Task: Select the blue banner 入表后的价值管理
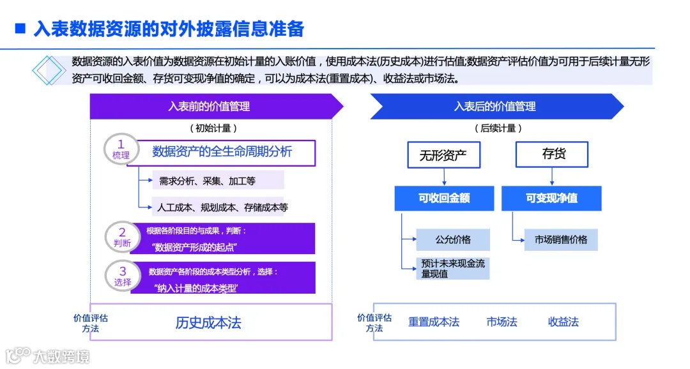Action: click(494, 107)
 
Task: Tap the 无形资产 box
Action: click(443, 155)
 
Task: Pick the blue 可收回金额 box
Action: click(444, 198)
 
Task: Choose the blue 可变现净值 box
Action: click(551, 198)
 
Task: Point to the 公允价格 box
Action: click(452, 239)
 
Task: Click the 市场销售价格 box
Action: click(561, 239)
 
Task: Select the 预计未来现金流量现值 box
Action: click(452, 268)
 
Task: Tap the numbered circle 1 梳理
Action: click(121, 149)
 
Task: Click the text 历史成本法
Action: click(208, 322)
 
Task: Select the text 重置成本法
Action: click(434, 322)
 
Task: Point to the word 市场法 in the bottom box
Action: click(502, 322)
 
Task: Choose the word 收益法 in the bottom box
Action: click(563, 322)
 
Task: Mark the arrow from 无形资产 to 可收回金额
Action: click(443, 177)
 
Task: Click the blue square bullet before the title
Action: click(20, 29)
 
